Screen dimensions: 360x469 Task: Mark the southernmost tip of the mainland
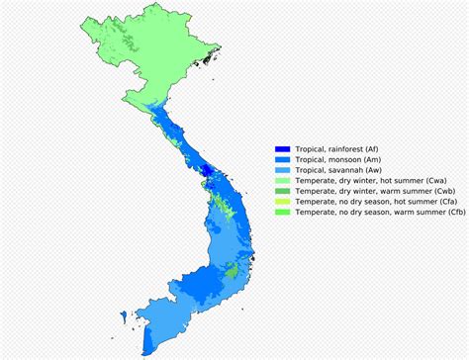pyautogui.click(x=146, y=352)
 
